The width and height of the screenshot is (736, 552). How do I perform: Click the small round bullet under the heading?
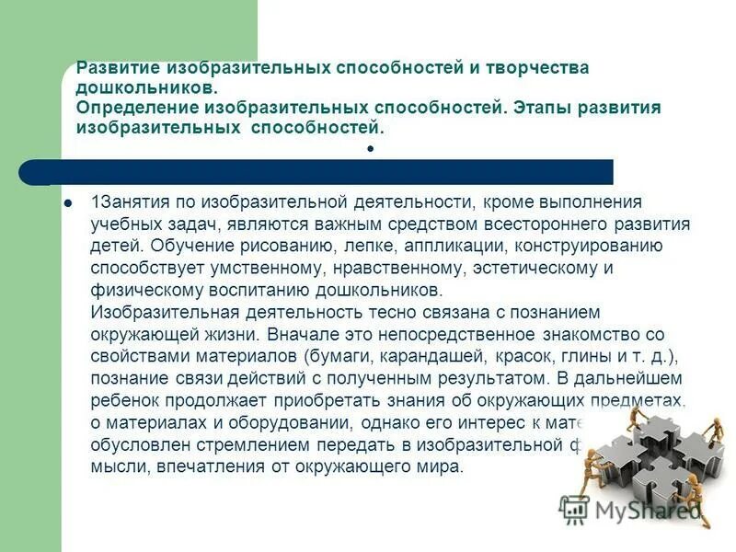(369, 147)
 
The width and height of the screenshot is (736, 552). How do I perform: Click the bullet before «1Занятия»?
(67, 201)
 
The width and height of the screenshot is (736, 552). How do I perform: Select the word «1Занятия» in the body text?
(126, 201)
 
